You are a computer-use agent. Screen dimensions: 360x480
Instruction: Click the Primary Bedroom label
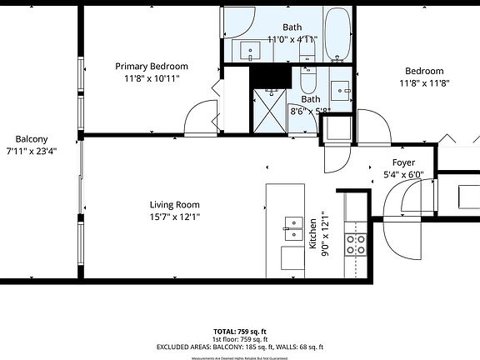pyautogui.click(x=152, y=67)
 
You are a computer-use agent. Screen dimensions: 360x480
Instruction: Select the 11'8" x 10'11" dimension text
pyautogui.click(x=152, y=78)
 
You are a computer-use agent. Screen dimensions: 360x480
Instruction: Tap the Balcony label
pyautogui.click(x=32, y=139)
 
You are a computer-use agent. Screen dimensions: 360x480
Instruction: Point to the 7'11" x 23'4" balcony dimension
pyautogui.click(x=32, y=151)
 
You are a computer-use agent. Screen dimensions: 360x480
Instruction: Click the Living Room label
pyautogui.click(x=174, y=205)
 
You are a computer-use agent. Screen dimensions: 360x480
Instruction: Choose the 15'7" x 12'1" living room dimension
pyautogui.click(x=174, y=217)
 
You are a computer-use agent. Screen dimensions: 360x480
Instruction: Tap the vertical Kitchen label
pyautogui.click(x=313, y=234)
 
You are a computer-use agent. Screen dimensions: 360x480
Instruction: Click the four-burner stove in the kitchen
pyautogui.click(x=357, y=242)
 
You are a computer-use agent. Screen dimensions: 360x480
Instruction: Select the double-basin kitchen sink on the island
pyautogui.click(x=292, y=223)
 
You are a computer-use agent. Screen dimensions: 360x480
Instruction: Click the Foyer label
pyautogui.click(x=403, y=162)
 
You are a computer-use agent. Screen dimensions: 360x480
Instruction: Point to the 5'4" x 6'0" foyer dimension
pyautogui.click(x=403, y=175)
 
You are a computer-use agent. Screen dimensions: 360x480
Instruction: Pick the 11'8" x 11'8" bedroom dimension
pyautogui.click(x=424, y=82)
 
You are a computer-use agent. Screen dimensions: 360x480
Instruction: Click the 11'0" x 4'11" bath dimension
pyautogui.click(x=292, y=39)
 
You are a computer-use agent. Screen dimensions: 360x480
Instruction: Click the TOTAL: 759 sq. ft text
pyautogui.click(x=240, y=331)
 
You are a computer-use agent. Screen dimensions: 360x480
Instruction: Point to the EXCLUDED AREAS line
pyautogui.click(x=240, y=347)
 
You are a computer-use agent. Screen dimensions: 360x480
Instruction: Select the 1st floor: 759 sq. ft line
pyautogui.click(x=240, y=339)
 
